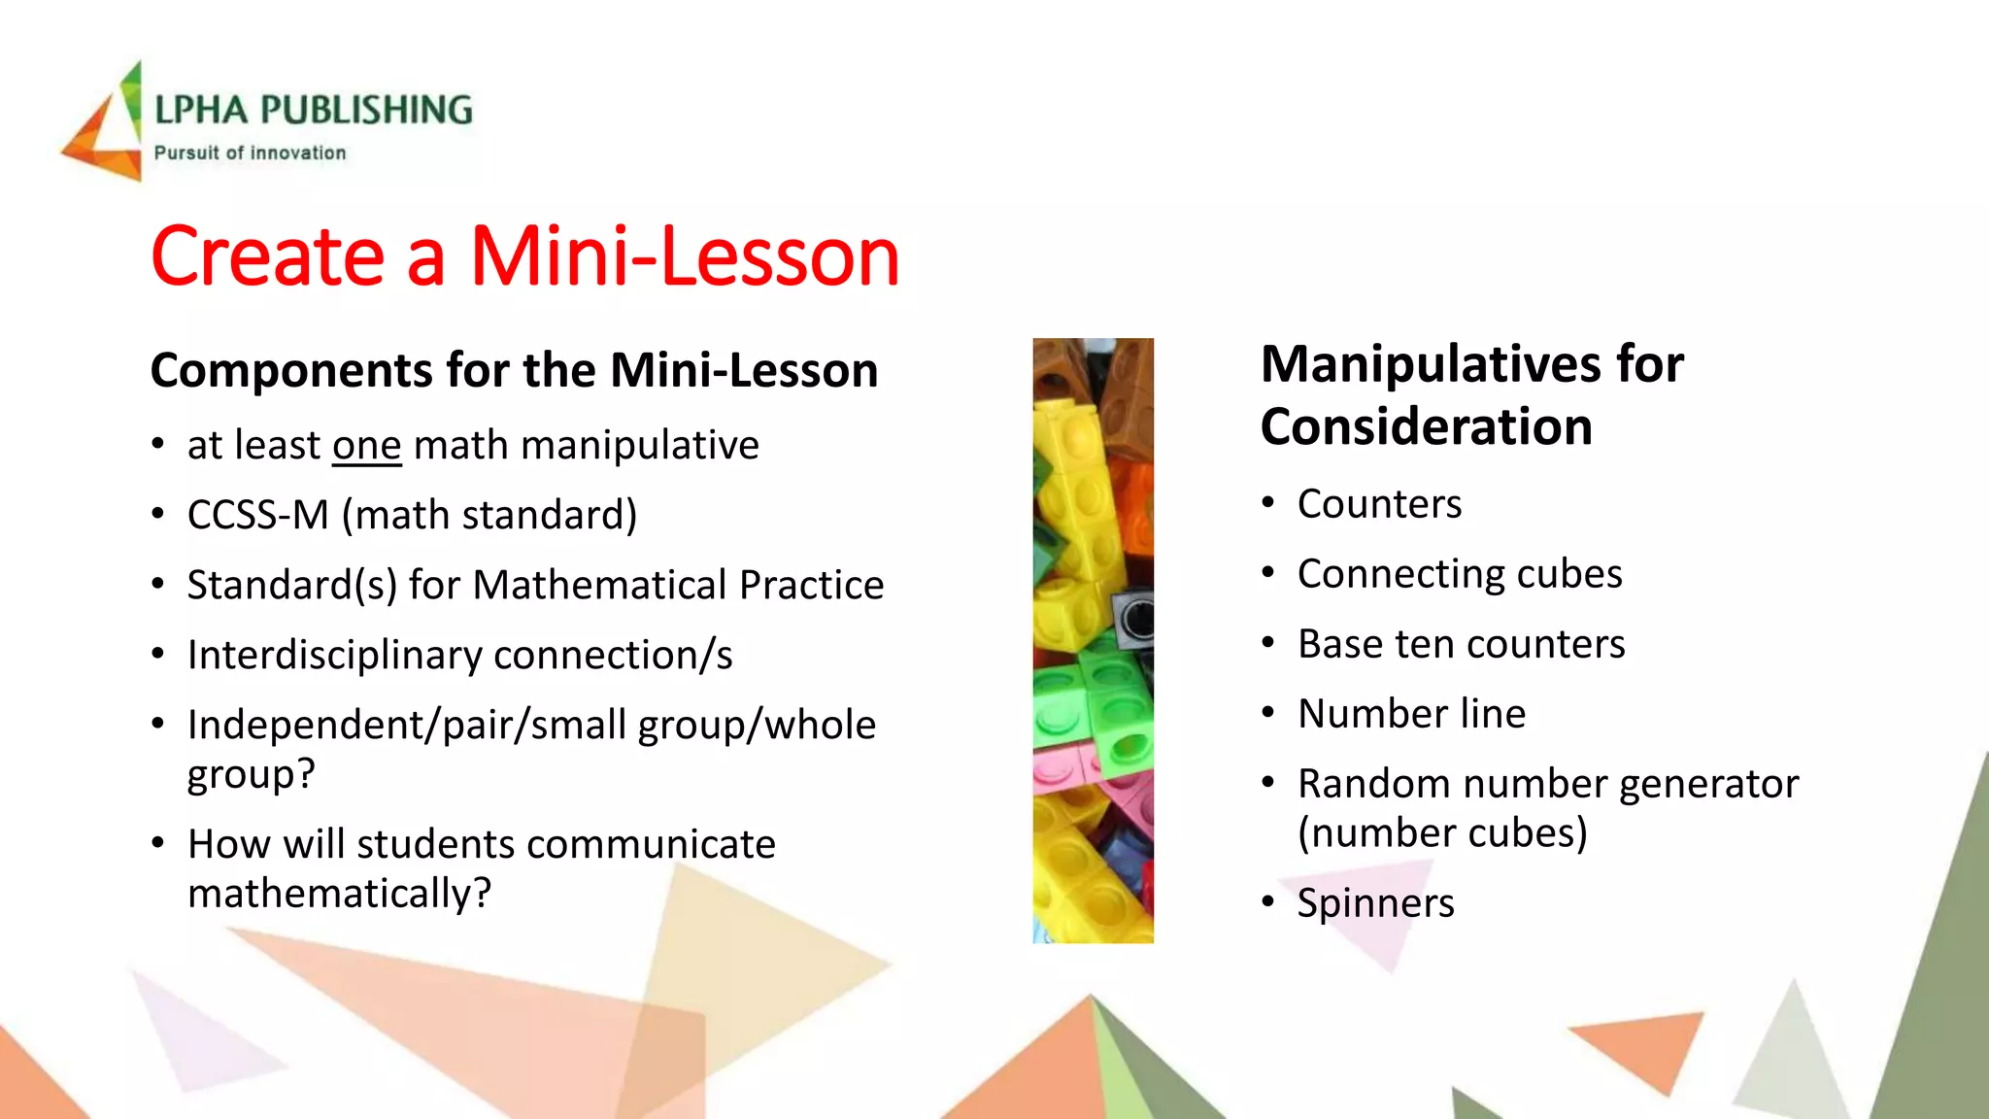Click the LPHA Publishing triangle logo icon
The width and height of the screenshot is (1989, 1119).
[x=105, y=126]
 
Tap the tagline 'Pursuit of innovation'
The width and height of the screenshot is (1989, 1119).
[x=250, y=153]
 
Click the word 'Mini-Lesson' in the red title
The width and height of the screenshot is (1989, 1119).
[x=685, y=256]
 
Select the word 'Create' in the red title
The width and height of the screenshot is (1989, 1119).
[x=268, y=256]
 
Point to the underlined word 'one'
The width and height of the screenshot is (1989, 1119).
[x=366, y=446]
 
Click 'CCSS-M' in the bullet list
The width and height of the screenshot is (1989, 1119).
[x=257, y=515]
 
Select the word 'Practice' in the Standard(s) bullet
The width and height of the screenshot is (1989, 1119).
[x=811, y=585]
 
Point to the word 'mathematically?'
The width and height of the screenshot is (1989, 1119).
[x=340, y=893]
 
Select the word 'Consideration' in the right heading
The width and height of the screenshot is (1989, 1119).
[x=1426, y=427]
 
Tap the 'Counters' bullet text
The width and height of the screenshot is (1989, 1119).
[x=1379, y=504]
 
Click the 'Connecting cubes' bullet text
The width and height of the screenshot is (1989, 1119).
[x=1460, y=574]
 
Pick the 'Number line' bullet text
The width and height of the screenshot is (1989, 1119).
[x=1411, y=714]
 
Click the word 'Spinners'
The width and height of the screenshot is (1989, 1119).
[x=1375, y=903]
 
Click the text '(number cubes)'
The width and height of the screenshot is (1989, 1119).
[x=1442, y=832]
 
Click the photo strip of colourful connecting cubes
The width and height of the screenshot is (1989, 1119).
[x=1093, y=640]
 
